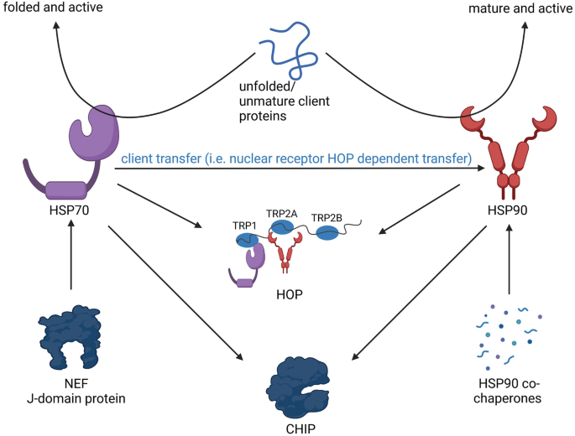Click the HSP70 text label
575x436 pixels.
[x=71, y=205]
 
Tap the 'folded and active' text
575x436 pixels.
[x=54, y=8]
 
